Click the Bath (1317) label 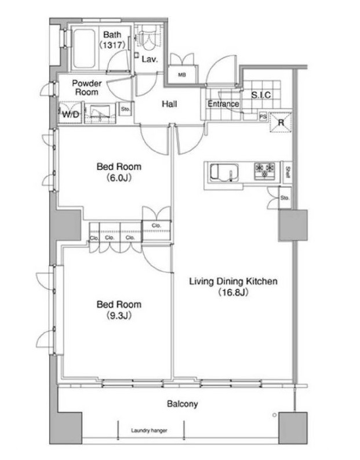point(112,39)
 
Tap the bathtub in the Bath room point(84,48)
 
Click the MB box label point(182,75)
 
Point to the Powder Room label point(87,88)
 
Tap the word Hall point(169,104)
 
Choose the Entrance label point(223,104)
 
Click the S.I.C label point(261,95)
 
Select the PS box point(263,117)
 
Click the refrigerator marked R point(281,122)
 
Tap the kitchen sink point(224,172)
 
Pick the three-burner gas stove point(265,171)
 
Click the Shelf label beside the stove point(288,172)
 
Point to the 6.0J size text point(119,178)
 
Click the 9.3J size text point(119,316)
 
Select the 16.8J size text point(233,292)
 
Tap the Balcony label point(183,404)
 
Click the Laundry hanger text point(149,430)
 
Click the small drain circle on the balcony point(274,415)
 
